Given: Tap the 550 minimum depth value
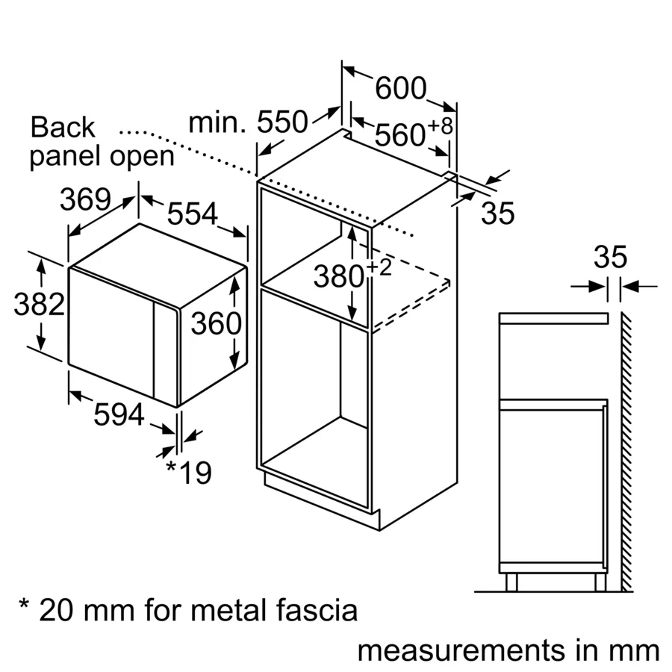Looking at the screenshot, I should pos(282,122).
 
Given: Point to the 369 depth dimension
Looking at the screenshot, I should pos(85,200).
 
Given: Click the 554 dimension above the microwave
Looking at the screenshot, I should pos(192,214).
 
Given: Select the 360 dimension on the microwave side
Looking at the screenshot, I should pos(216,323).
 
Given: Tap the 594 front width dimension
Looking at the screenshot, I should pos(119,414).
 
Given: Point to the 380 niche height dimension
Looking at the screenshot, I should pos(337,278).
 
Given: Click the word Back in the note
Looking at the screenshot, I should pos(63,128).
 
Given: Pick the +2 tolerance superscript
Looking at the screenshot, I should pos(379,268).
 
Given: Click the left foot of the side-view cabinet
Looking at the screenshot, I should pos(511,582).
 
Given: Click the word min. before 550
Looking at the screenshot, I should pos(217,122).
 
